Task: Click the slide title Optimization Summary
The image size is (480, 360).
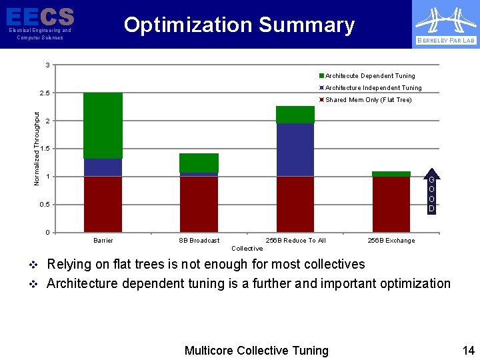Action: [x=239, y=25]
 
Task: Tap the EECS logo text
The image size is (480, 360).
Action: [x=40, y=16]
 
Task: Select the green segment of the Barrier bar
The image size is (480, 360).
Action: [x=103, y=125]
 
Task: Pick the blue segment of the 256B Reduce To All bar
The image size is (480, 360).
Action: [x=295, y=150]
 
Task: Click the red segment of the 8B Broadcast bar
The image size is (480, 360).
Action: [x=199, y=204]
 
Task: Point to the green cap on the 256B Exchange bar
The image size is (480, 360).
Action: [x=391, y=174]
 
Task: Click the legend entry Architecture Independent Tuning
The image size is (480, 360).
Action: [x=373, y=88]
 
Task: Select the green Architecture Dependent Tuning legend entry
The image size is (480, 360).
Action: [x=369, y=76]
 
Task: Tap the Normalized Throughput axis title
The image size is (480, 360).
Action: [x=37, y=148]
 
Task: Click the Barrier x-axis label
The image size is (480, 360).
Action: [x=103, y=241]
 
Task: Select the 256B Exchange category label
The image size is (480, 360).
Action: [x=391, y=241]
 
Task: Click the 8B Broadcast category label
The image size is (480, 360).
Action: [x=199, y=241]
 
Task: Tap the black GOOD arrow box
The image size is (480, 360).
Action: [x=431, y=193]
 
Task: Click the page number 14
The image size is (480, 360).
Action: [x=468, y=351]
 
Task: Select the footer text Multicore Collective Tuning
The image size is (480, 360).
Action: [x=256, y=351]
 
